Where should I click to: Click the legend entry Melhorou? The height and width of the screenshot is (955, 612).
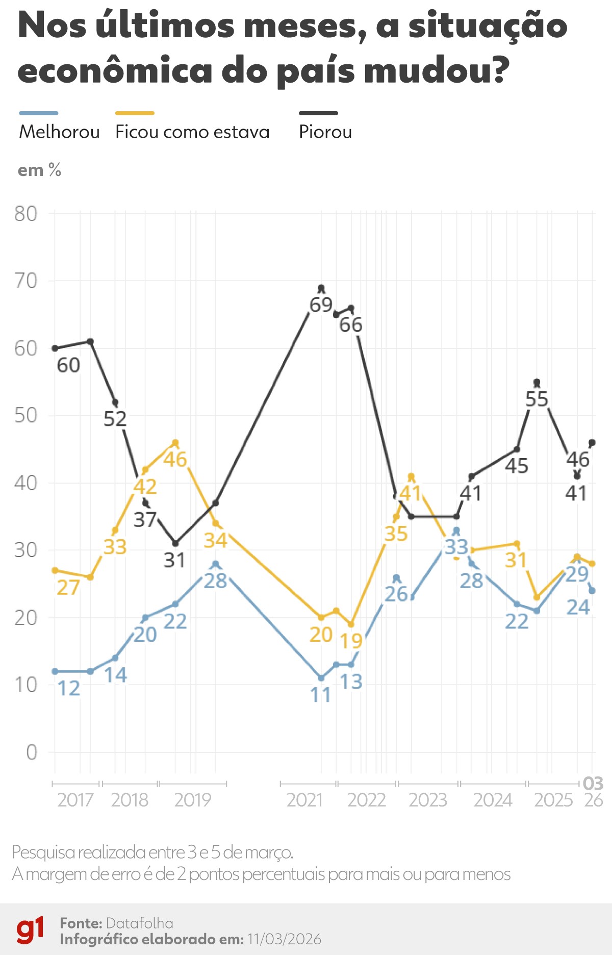tap(59, 132)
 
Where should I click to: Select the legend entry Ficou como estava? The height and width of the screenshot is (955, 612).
tap(192, 132)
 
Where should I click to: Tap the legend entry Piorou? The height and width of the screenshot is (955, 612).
tap(325, 132)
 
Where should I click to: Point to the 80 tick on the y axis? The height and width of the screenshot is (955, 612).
tap(26, 214)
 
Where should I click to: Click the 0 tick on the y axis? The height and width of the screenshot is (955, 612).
tap(32, 752)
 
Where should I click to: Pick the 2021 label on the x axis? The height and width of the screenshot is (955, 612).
tap(304, 800)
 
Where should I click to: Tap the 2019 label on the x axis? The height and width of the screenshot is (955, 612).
tap(192, 800)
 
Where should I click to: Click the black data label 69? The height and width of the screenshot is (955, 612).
tap(321, 305)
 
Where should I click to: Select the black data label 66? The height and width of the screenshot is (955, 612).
tap(351, 325)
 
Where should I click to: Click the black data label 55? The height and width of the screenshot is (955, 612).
tap(537, 399)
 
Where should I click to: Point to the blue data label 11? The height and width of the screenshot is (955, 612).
tap(321, 695)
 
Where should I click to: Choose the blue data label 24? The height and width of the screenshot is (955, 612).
tap(578, 607)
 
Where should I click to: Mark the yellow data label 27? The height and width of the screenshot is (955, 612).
tap(68, 588)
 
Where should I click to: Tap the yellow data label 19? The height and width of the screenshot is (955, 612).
tap(351, 641)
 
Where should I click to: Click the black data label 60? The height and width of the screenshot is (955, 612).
tap(68, 365)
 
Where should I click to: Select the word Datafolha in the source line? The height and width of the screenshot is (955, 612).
tap(140, 923)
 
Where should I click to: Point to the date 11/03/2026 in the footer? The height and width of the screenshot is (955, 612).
tap(284, 939)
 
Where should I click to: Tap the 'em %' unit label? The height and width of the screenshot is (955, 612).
tap(39, 170)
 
